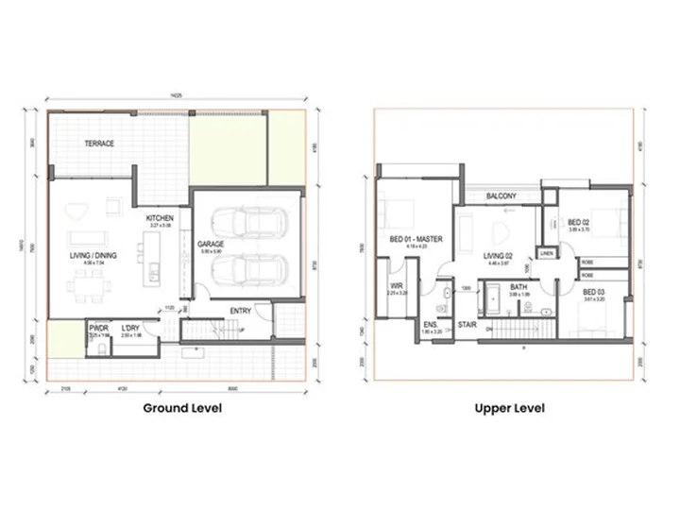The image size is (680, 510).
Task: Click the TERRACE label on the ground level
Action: (x=99, y=144)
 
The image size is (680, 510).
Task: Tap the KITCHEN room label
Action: (x=160, y=219)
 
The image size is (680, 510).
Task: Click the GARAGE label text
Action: (x=210, y=243)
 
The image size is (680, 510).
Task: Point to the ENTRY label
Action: (x=241, y=312)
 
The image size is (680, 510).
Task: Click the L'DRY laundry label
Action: (x=130, y=329)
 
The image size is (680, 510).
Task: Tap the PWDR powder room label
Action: (x=98, y=329)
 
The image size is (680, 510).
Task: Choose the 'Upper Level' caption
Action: (x=509, y=409)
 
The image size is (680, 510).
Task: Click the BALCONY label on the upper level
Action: (x=501, y=195)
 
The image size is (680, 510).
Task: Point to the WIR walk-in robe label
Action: (x=397, y=286)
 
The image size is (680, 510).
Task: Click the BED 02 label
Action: (x=578, y=224)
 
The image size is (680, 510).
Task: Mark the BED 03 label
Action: (x=594, y=292)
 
